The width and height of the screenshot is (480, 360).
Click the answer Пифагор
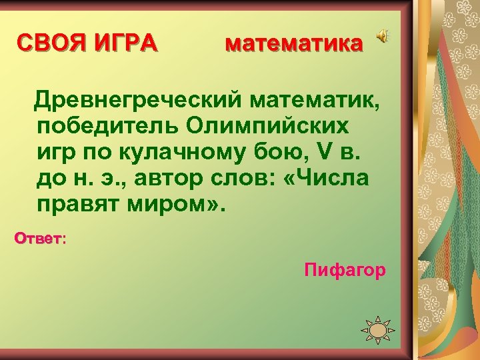(x=345, y=270)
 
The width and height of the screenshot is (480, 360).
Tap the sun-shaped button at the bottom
(x=377, y=330)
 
